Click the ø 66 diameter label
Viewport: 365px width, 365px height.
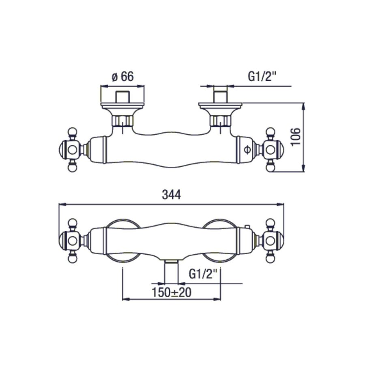(122, 77)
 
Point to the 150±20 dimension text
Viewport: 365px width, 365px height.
(172, 292)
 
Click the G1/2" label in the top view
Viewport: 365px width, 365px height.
(262, 77)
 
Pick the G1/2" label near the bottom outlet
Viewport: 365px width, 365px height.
(204, 275)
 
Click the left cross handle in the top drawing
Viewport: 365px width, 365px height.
(72, 150)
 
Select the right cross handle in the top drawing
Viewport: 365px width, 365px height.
(271, 150)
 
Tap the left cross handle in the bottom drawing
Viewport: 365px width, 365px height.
(72, 240)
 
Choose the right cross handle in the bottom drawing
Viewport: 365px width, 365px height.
(271, 240)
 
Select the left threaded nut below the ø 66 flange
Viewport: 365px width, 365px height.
(122, 120)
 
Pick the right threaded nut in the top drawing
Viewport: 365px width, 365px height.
(220, 120)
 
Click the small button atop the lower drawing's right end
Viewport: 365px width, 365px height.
(247, 226)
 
